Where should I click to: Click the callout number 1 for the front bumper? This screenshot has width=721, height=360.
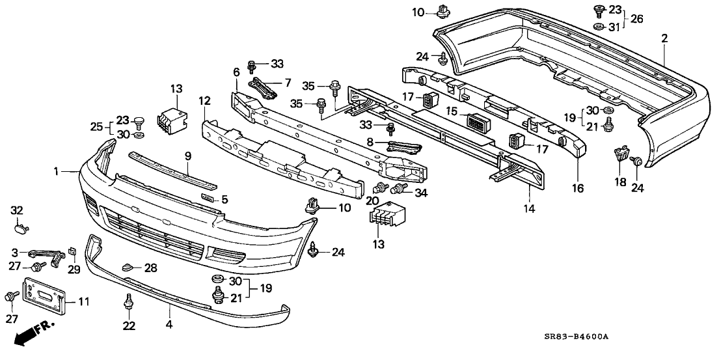(58, 171)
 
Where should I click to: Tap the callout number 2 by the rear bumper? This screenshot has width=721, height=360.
(664, 38)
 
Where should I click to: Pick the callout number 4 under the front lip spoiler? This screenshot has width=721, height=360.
(169, 323)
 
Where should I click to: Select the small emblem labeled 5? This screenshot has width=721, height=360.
(208, 199)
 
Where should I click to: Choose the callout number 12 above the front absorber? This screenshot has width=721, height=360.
(204, 101)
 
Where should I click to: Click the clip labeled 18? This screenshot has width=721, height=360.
(621, 155)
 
